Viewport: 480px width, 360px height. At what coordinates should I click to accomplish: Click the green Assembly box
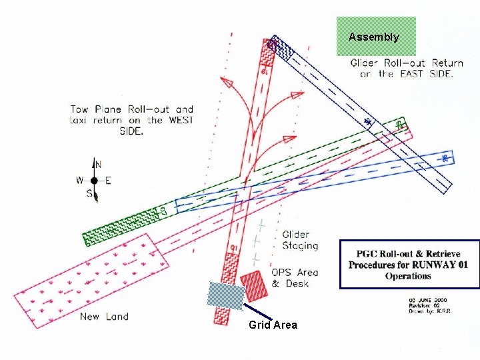[x=376, y=36]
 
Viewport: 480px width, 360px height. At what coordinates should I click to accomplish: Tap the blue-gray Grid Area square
[x=225, y=295]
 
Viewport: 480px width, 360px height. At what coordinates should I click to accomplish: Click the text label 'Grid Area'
[x=273, y=325]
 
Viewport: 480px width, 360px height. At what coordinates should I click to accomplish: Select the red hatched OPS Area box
[x=253, y=285]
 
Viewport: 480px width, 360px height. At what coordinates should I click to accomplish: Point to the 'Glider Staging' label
[x=300, y=240]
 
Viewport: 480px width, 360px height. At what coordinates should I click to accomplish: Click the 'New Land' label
[x=104, y=316]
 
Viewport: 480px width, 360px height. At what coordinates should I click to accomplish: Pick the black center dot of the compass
[x=95, y=181]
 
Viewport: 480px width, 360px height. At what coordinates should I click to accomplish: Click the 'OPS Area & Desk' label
[x=295, y=277]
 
